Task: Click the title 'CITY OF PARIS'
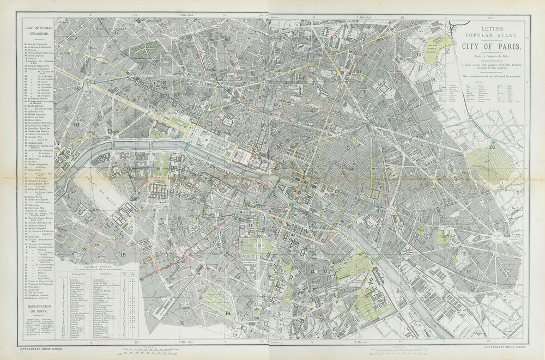[x=492, y=46]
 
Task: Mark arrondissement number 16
[x=76, y=124]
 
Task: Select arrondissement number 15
[x=123, y=254]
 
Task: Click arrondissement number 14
[x=228, y=313]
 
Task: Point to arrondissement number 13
[x=334, y=330]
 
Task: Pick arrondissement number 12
[x=468, y=271]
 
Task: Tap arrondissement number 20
[x=492, y=147]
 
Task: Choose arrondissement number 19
[x=420, y=55]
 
